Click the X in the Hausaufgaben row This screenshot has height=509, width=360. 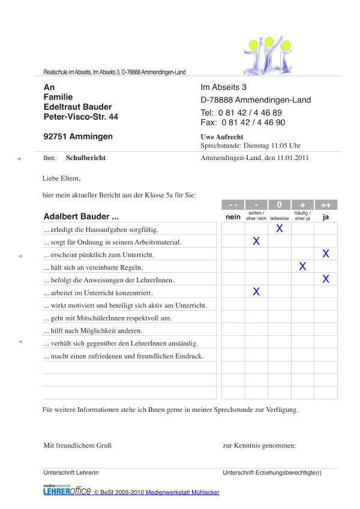pos(279,228)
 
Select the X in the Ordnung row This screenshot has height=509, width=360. pos(256,241)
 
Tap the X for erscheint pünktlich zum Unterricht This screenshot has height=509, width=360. pos(326,254)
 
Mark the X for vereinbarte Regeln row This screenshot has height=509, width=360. pos(302,266)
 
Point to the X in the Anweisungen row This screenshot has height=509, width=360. pos(326,279)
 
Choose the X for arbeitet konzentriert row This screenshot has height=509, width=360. pos(256,291)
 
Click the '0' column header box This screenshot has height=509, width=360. pos(279,204)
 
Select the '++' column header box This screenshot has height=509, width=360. pos(326,204)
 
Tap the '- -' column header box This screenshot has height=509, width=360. pos(233,204)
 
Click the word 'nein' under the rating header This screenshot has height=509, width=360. pos(233,216)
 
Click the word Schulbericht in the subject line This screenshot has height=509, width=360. pos(85,158)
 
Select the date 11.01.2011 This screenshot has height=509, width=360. pos(292,158)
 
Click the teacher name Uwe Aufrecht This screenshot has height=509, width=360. pos(222,137)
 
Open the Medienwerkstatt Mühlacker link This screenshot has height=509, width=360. pos(182,492)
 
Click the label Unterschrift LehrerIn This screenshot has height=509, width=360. pos(71,473)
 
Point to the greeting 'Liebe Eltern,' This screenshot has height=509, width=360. pos(61,178)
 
